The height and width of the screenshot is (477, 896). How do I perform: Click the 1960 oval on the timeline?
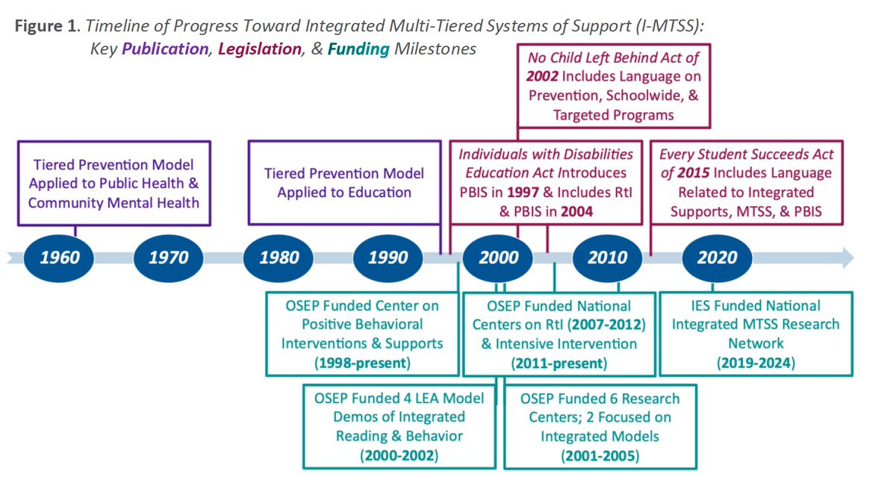[x=59, y=258]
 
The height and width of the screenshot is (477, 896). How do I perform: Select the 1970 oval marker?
[x=169, y=258]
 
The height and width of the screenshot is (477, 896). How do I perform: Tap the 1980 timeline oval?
[x=279, y=258]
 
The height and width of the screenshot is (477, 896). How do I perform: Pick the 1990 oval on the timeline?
[x=388, y=258]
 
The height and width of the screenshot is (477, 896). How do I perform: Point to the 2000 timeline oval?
[x=499, y=258]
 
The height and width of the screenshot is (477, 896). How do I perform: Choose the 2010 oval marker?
[x=609, y=258]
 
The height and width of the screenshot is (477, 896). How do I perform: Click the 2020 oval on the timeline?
[x=718, y=258]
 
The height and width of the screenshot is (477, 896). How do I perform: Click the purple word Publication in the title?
[x=165, y=49]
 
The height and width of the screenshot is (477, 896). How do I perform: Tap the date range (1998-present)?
[x=361, y=364]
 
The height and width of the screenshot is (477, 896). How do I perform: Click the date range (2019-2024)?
[x=756, y=364]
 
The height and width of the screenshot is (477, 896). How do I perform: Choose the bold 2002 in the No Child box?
[x=541, y=76]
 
